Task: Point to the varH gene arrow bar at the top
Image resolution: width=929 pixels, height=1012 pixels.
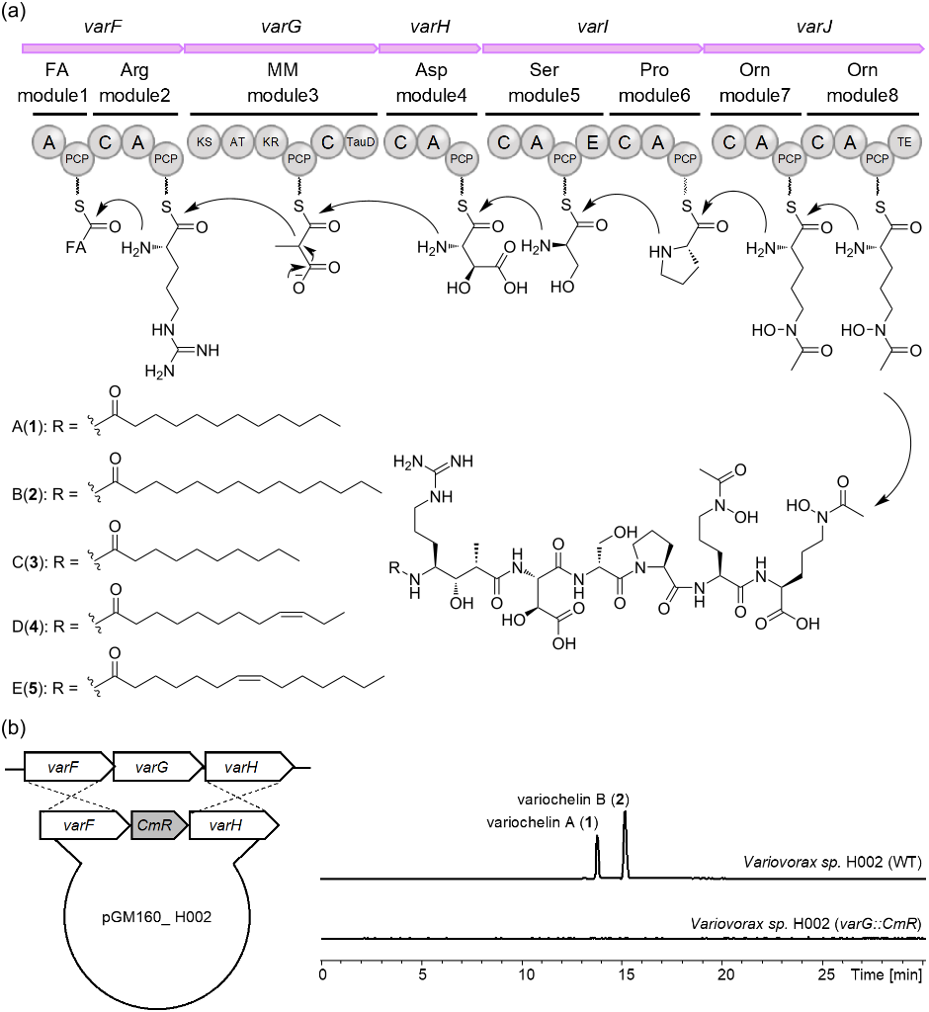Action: click(x=429, y=47)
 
